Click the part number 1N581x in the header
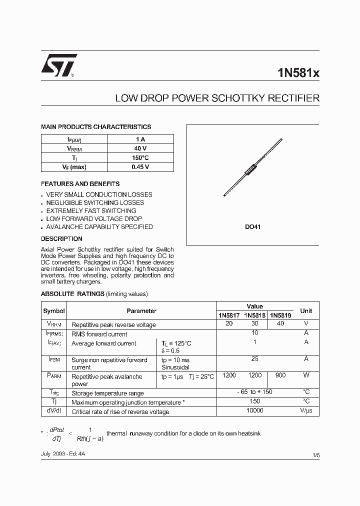click(x=298, y=73)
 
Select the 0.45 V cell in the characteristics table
click(x=140, y=167)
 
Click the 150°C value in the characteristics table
click(x=140, y=157)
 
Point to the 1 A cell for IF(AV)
click(x=140, y=139)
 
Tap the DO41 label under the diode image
click(x=252, y=226)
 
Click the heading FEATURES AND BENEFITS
click(x=80, y=184)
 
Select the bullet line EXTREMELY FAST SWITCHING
click(x=91, y=210)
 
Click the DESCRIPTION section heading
click(x=61, y=239)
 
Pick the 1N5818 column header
click(x=255, y=315)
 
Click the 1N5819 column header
click(x=280, y=315)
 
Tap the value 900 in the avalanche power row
click(x=280, y=375)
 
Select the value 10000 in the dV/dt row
click(x=255, y=410)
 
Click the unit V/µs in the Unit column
click(x=306, y=411)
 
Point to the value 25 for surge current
click(x=255, y=359)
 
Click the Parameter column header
click(x=141, y=311)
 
